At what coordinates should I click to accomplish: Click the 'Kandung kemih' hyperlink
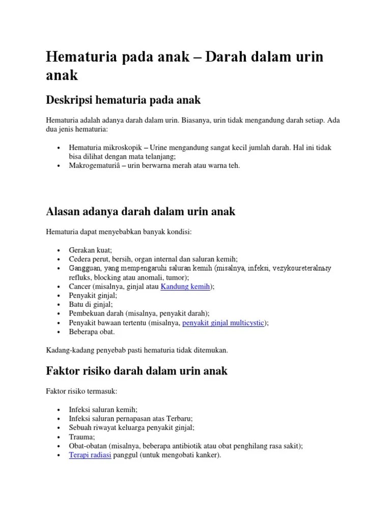pos(185,286)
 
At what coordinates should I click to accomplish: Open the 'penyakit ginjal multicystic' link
pos(225,323)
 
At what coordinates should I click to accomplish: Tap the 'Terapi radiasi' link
pos(90,455)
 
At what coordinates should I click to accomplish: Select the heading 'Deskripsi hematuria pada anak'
pos(123,100)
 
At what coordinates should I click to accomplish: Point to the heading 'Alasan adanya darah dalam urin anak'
pos(141,211)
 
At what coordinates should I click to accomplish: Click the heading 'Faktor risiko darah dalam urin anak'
pos(136,371)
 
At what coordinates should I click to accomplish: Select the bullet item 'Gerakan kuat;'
pos(90,250)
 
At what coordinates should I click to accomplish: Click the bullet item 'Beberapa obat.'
pos(92,331)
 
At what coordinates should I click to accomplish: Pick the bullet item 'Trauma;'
pos(82,437)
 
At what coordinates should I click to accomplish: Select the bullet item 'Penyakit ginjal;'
pos(93,295)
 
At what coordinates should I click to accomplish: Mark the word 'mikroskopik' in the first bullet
pos(125,148)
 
